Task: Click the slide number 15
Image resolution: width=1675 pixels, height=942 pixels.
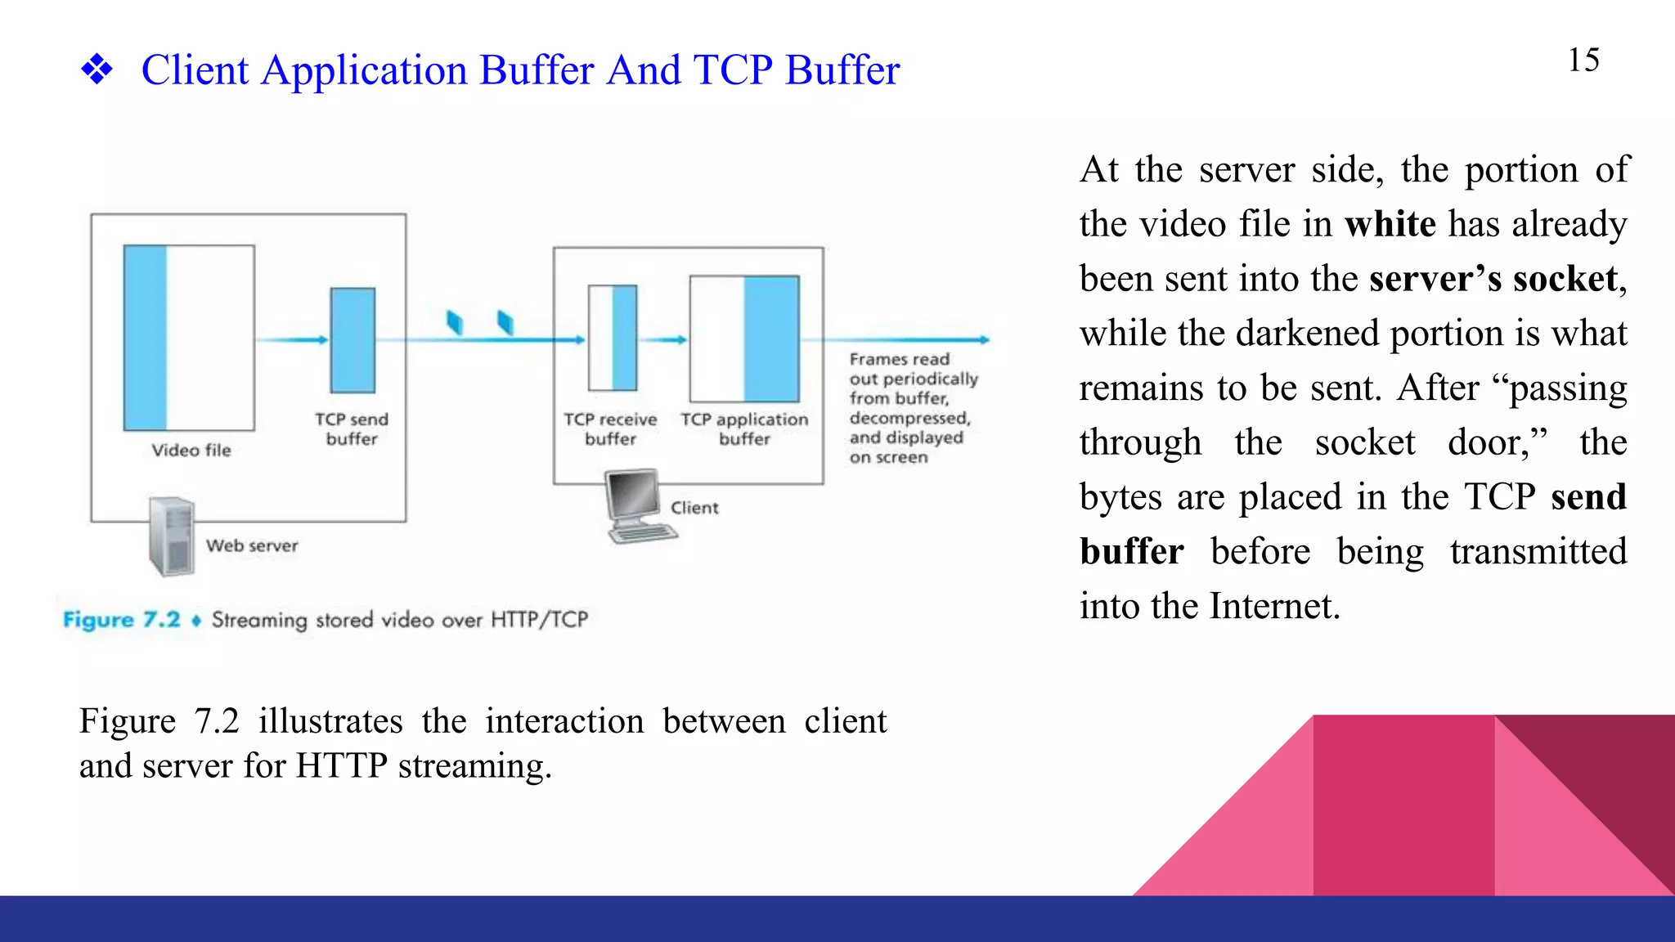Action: [1583, 60]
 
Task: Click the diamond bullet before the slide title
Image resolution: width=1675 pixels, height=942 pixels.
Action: [97, 70]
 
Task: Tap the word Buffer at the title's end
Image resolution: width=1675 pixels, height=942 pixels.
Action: [842, 70]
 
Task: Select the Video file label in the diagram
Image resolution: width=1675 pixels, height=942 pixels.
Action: [191, 450]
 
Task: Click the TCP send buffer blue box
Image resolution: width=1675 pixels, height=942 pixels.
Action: [353, 340]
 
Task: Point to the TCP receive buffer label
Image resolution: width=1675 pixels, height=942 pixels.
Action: [610, 429]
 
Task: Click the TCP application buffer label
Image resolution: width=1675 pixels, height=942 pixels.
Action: [744, 429]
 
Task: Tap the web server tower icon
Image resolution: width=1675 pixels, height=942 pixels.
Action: [172, 536]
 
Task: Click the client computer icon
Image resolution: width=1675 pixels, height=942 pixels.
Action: [638, 505]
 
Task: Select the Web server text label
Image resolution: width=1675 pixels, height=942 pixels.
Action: [252, 545]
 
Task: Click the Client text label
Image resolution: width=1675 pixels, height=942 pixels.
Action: [694, 508]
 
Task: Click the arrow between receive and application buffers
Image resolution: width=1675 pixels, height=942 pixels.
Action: [662, 340]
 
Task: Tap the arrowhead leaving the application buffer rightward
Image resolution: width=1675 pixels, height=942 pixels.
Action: [984, 339]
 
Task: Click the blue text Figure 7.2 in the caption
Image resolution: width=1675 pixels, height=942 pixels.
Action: [121, 620]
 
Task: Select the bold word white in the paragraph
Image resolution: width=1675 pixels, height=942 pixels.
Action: [1390, 224]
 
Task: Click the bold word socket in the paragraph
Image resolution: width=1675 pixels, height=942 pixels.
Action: [1565, 279]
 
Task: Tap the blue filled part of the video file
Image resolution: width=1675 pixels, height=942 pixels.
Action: [146, 337]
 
